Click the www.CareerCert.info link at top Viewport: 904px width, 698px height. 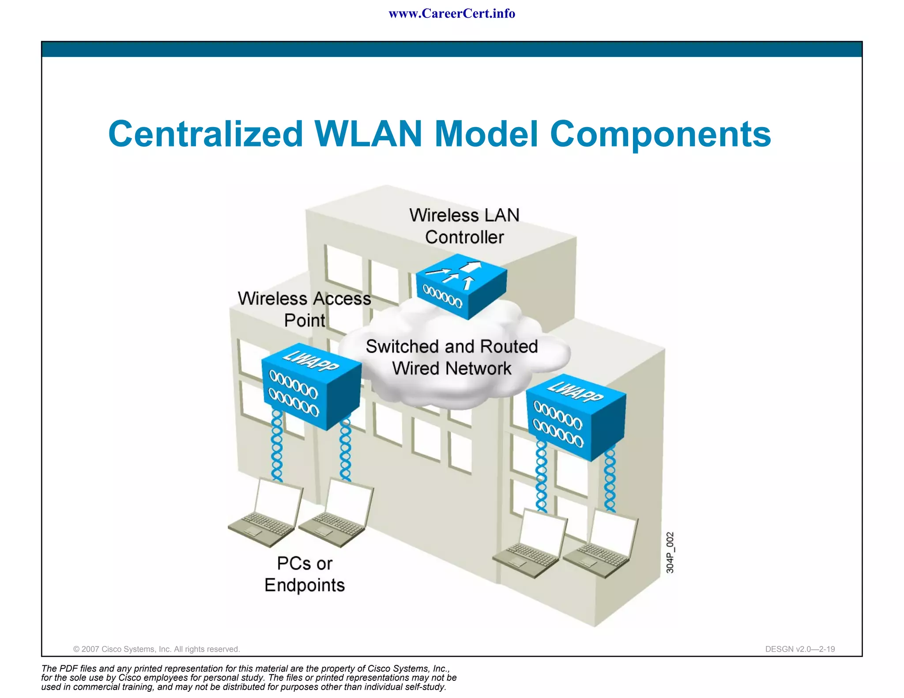pyautogui.click(x=452, y=14)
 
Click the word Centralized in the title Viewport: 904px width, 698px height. pyautogui.click(x=206, y=134)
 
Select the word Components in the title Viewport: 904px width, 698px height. pyautogui.click(x=660, y=134)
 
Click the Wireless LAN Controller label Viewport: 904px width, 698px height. pyautogui.click(x=464, y=226)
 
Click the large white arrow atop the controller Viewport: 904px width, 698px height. pyautogui.click(x=472, y=266)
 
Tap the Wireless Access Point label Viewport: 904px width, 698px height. pyautogui.click(x=305, y=309)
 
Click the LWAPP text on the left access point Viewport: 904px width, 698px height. pyautogui.click(x=311, y=360)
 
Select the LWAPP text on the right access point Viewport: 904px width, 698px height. pyautogui.click(x=575, y=391)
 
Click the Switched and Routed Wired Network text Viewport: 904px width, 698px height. pyautogui.click(x=452, y=357)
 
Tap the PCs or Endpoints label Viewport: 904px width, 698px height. pyautogui.click(x=305, y=574)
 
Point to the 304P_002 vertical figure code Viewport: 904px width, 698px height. pyautogui.click(x=670, y=552)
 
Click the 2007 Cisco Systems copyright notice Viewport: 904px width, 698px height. pyautogui.click(x=156, y=649)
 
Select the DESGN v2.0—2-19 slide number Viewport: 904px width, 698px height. pyautogui.click(x=800, y=649)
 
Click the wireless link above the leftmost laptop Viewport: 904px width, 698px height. pyautogui.click(x=277, y=446)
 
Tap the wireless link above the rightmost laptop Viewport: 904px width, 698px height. pyautogui.click(x=610, y=479)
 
